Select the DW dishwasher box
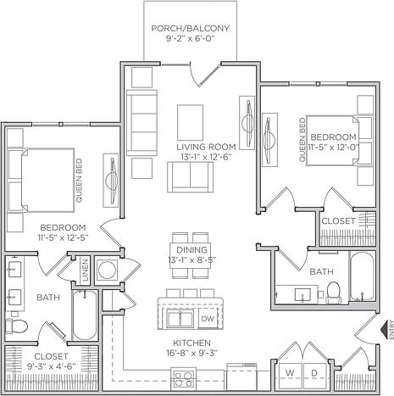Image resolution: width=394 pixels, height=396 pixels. [208, 319]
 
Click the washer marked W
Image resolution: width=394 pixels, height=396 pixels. [290, 373]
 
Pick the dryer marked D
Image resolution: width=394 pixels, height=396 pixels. [314, 373]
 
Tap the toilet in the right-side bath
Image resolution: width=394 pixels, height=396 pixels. [334, 291]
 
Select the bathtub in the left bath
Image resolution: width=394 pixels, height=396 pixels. [86, 315]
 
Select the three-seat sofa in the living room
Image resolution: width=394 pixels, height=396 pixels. [141, 119]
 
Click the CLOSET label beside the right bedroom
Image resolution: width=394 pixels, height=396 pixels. [337, 220]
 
